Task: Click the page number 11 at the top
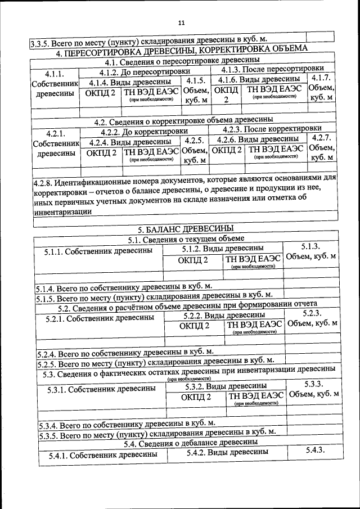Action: tap(181, 23)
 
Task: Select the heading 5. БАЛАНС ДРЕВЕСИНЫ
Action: tap(186, 229)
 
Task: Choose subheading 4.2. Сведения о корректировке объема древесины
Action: tap(183, 120)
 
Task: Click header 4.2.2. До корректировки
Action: tap(144, 131)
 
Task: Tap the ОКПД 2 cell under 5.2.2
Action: tap(194, 326)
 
